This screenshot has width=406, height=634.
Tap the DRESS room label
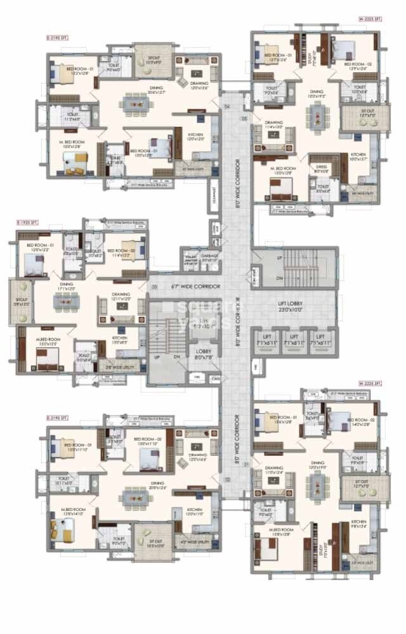click(x=322, y=167)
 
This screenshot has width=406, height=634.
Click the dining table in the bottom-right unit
click(x=317, y=487)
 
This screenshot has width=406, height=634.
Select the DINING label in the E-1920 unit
click(x=67, y=287)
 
